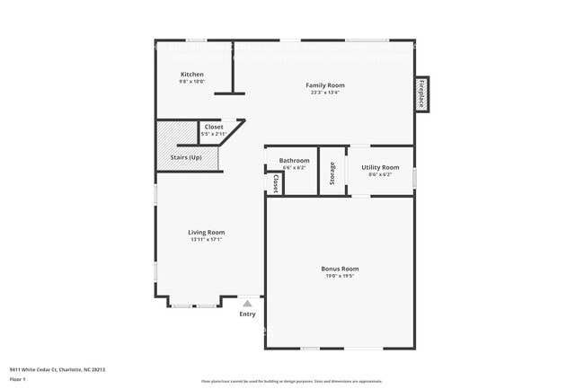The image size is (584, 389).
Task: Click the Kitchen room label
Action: pos(191,75)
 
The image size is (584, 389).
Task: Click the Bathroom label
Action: pos(294,160)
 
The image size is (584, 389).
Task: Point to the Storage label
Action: pos(332,171)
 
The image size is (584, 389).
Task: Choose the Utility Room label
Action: pos(380,167)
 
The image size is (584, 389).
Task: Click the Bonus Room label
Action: pos(340,269)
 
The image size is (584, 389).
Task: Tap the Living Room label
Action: pos(206,232)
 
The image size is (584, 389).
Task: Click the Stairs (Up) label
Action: pos(186,158)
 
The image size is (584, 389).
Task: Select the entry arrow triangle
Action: pos(247,304)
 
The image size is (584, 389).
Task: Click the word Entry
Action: pos(247,314)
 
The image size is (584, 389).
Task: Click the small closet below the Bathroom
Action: pos(275,183)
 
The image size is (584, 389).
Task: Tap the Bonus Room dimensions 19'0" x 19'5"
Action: pos(340,277)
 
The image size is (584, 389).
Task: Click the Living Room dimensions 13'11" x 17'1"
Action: pos(206,239)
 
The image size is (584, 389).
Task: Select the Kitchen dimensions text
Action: pos(191,82)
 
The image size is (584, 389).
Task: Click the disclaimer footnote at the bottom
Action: pos(291,382)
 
